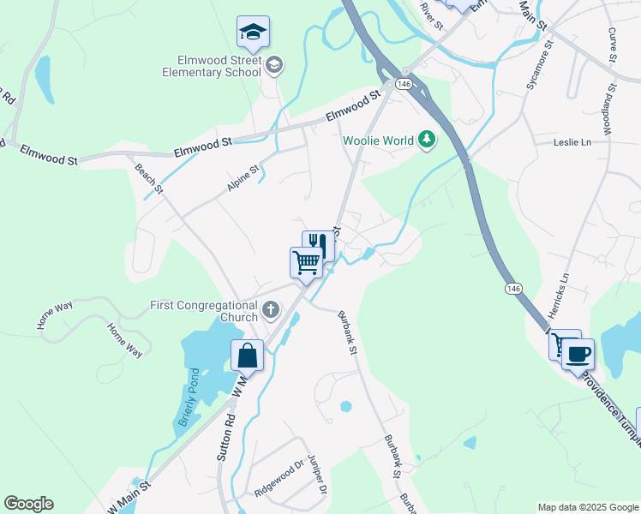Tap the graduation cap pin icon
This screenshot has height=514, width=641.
pyautogui.click(x=253, y=33)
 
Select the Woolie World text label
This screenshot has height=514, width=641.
pyautogui.click(x=378, y=140)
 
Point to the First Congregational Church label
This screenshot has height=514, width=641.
pyautogui.click(x=204, y=311)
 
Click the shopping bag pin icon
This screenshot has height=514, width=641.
pyautogui.click(x=247, y=355)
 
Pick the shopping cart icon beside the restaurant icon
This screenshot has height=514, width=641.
pyautogui.click(x=306, y=262)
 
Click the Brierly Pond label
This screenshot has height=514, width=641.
pyautogui.click(x=189, y=398)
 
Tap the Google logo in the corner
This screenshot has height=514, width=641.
pyautogui.click(x=28, y=503)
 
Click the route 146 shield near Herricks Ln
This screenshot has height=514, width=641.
pyautogui.click(x=512, y=288)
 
